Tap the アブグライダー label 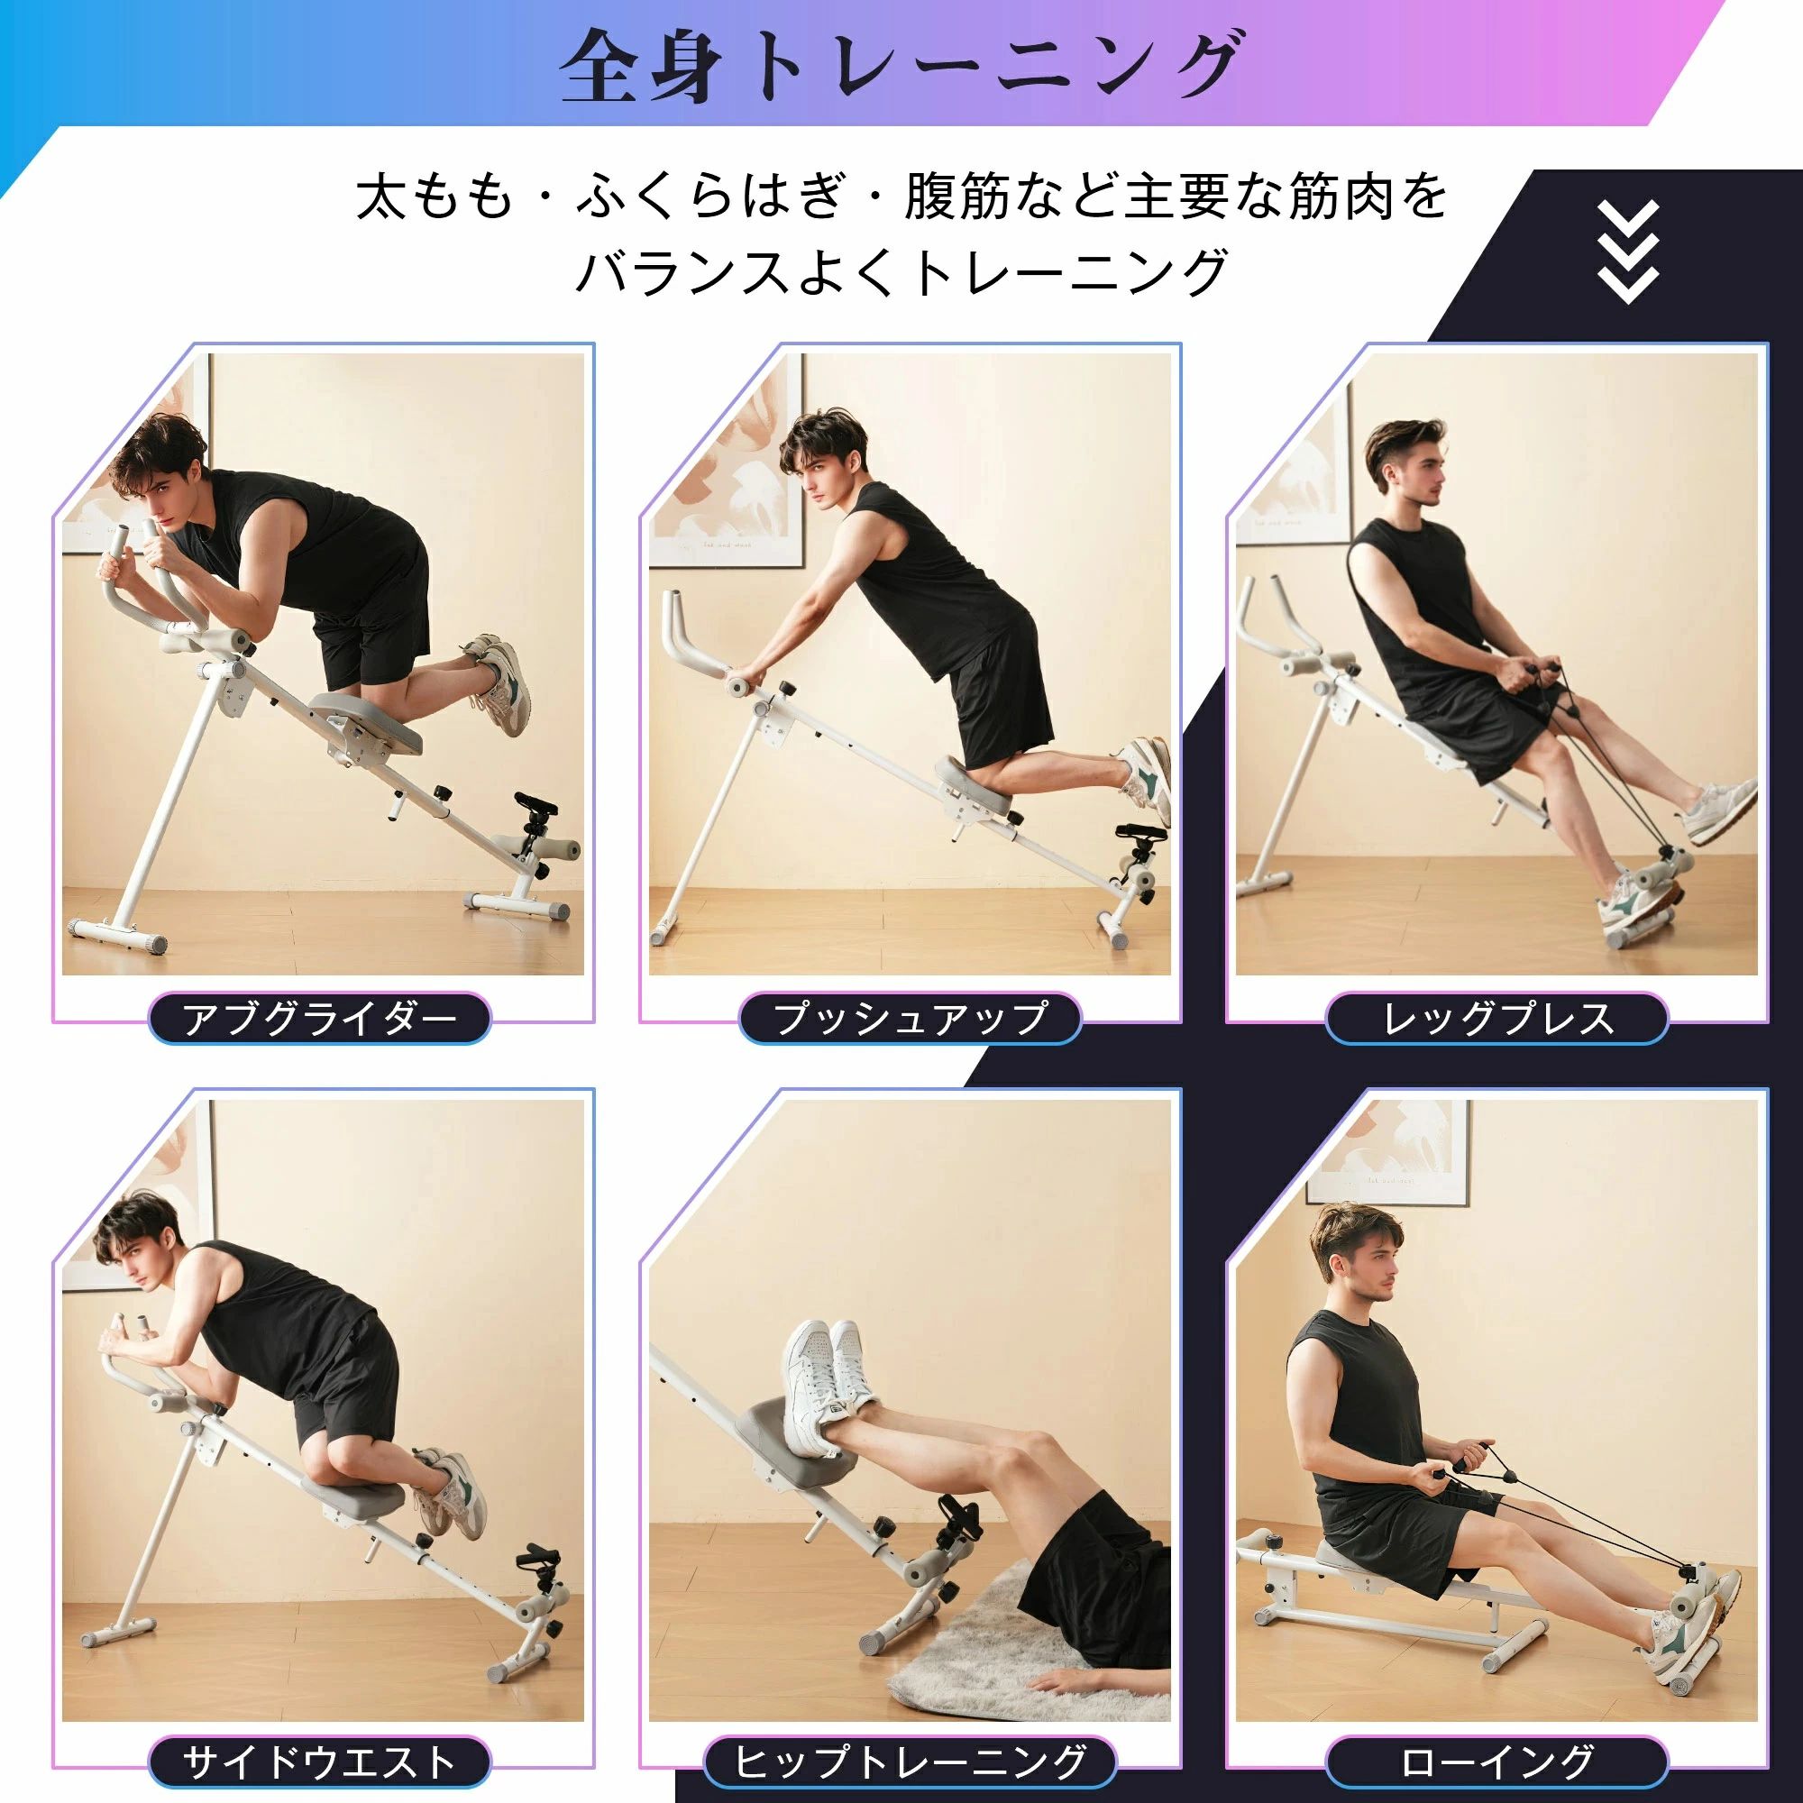point(319,1018)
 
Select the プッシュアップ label point(910,1018)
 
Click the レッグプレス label point(1496,1018)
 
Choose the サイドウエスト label point(319,1762)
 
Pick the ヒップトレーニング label point(910,1762)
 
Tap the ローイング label point(1496,1762)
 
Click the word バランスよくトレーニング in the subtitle point(901,271)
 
